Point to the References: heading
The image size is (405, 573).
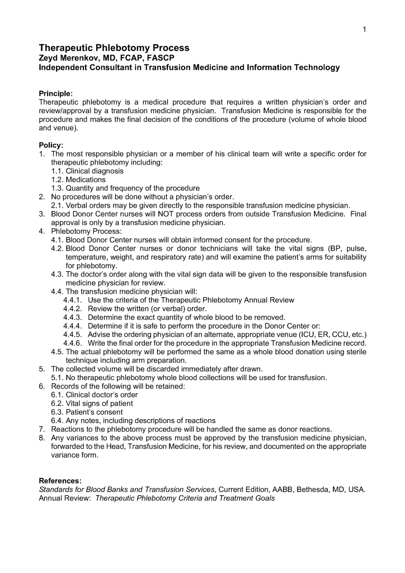pyautogui.click(x=60, y=481)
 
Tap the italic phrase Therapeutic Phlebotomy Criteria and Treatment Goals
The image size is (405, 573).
pyautogui.click(x=185, y=498)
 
